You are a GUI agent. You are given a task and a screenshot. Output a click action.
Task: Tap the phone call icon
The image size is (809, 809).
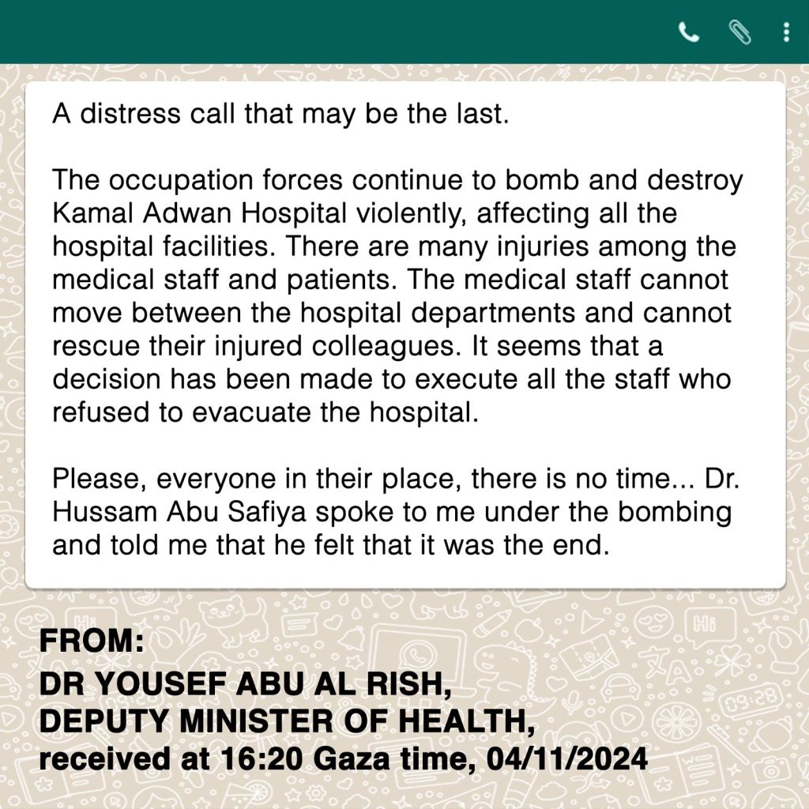(x=689, y=32)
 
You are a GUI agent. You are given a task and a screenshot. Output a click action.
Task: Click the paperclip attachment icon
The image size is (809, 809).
(x=739, y=32)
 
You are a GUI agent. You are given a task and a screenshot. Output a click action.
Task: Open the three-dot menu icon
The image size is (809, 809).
(x=785, y=32)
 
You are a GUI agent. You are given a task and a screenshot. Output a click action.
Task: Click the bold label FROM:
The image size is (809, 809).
(x=92, y=642)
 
